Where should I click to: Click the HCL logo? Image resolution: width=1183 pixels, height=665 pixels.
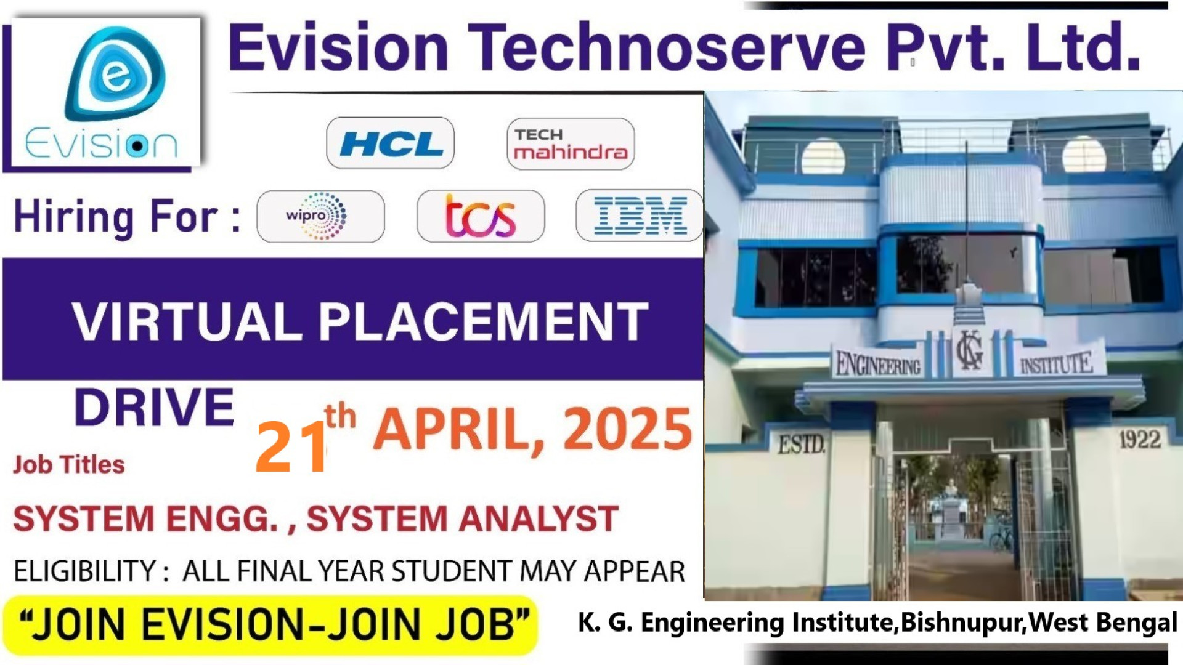point(391,143)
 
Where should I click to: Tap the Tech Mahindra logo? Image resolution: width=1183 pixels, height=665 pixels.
point(571,144)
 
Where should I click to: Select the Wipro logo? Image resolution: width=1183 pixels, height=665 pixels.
point(320,216)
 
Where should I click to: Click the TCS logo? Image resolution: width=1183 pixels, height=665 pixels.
point(481,216)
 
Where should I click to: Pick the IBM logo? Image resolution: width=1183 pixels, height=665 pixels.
point(640,216)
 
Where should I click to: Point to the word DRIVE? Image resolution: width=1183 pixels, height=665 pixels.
point(155,408)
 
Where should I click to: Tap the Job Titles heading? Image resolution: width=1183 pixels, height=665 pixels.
point(69,465)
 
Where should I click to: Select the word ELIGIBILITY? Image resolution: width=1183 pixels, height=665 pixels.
point(85,571)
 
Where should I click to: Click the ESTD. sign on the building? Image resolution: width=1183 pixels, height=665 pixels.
point(801,444)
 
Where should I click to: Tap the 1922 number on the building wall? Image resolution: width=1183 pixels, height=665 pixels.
point(1139,440)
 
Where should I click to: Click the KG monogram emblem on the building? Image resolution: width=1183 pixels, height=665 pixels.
point(970,352)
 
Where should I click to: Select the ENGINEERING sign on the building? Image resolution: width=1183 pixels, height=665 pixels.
point(878,365)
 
